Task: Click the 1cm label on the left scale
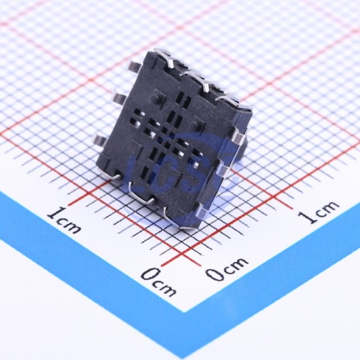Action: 64,220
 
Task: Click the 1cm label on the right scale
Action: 319,211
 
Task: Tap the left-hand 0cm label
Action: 159,282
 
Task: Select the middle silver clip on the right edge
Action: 223,170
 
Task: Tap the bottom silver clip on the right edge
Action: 202,210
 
